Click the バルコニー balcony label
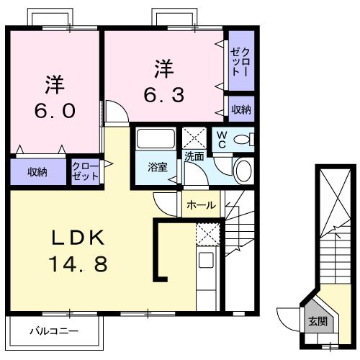click(53, 332)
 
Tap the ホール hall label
click(200, 205)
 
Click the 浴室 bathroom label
click(158, 168)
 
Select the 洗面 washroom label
click(194, 156)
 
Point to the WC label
click(222, 141)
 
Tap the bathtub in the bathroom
click(156, 140)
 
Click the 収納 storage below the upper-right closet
click(241, 109)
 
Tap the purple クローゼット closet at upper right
click(240, 60)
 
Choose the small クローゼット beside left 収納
click(86, 172)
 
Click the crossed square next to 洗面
click(194, 137)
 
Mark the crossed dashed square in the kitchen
click(207, 233)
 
